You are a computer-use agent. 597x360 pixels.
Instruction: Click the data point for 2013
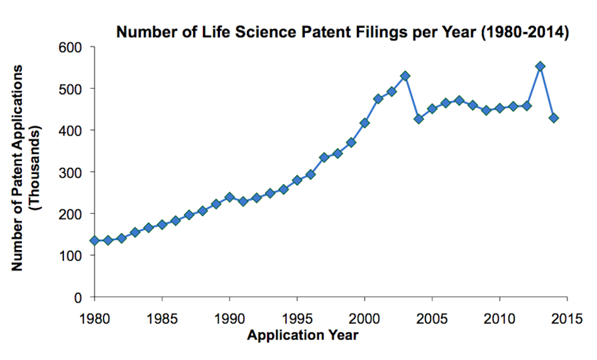tap(540, 66)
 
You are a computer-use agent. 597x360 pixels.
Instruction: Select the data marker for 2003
tap(405, 76)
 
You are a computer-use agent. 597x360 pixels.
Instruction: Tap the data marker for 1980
tap(94, 241)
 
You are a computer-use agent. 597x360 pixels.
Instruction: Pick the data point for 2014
tap(554, 118)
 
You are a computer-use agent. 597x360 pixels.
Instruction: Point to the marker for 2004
tap(419, 119)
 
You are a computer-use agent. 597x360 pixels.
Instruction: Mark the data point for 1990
tap(229, 197)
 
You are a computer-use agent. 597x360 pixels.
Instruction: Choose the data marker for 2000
tap(364, 123)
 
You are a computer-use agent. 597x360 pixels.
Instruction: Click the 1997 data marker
tap(324, 158)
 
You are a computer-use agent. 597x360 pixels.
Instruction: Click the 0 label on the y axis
tap(79, 297)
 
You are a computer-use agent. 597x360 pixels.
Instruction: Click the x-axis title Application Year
tap(302, 335)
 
